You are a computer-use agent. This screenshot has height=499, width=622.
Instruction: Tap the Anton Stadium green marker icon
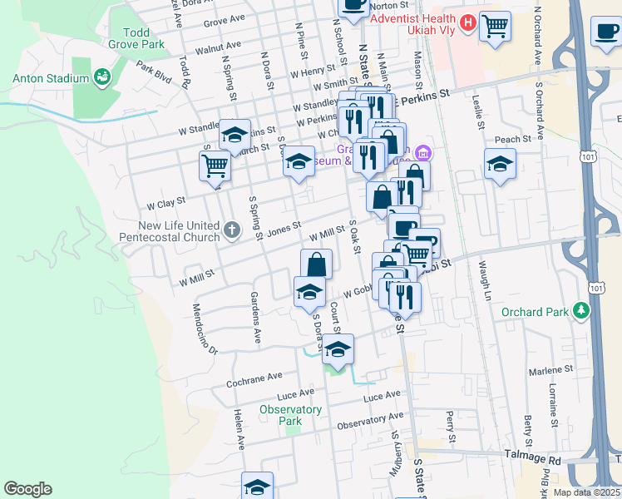coord(104,78)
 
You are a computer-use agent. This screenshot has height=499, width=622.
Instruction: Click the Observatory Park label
coord(290,415)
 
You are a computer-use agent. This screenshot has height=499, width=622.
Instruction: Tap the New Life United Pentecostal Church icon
coord(232,228)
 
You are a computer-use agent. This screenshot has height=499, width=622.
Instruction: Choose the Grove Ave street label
coord(224,19)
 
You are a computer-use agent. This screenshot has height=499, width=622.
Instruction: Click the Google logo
coord(27,489)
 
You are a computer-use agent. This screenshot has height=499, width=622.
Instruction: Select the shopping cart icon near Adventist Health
coord(495,26)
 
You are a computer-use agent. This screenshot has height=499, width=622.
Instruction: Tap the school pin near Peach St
coord(499,164)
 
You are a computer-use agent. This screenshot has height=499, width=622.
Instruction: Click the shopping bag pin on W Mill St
coord(316,264)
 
